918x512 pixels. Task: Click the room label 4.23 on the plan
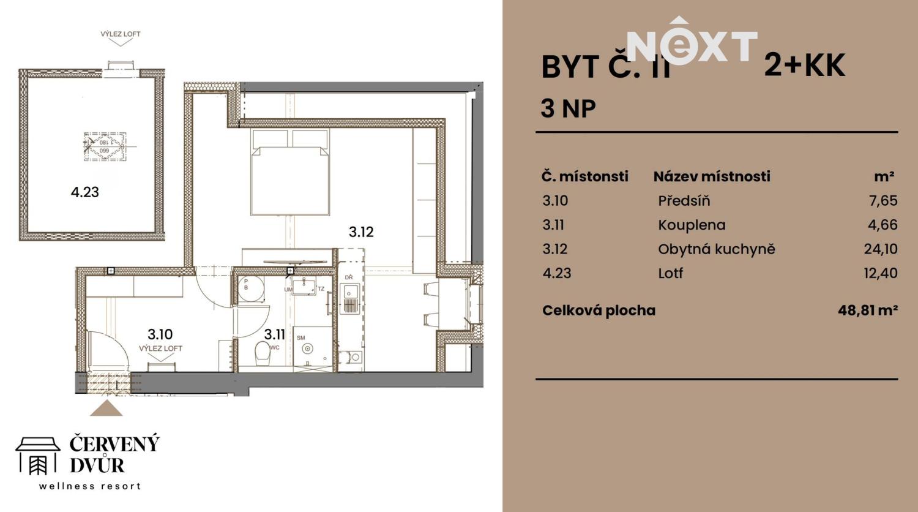[84, 192]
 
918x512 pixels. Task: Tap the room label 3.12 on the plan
[361, 232]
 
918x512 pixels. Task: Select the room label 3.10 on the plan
[160, 334]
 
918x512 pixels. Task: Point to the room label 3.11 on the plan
[274, 334]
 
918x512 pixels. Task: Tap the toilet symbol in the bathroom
[263, 353]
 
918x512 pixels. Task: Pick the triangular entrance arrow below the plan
[106, 408]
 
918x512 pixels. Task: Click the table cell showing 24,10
[880, 249]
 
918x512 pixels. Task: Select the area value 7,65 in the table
[883, 200]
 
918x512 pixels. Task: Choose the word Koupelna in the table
[692, 225]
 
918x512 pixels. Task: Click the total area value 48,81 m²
[867, 310]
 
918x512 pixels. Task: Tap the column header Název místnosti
[711, 176]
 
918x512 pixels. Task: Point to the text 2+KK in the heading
[804, 66]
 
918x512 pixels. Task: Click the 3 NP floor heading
[568, 108]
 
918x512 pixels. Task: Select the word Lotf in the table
[670, 273]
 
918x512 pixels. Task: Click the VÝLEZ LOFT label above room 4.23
[121, 34]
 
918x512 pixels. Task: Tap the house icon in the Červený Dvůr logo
[38, 456]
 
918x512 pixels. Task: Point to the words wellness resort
[90, 486]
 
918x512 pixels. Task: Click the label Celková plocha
[599, 311]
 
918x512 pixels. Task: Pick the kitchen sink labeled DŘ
[349, 301]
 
